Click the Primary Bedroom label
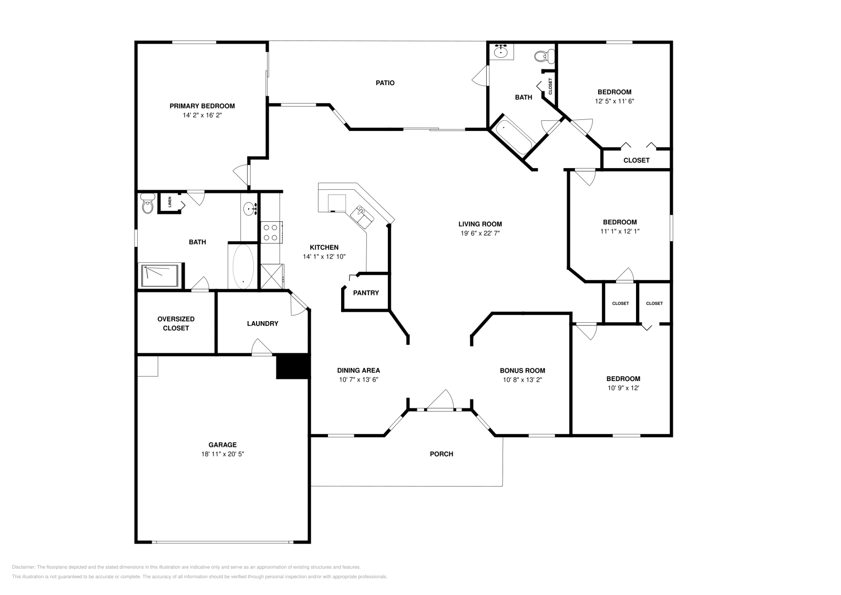[x=202, y=106]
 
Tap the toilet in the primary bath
[x=148, y=204]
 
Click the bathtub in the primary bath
[x=243, y=266]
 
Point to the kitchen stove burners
[x=270, y=233]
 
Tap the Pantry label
[x=366, y=293]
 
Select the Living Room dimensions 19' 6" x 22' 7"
[x=480, y=233]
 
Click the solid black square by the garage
[x=292, y=366]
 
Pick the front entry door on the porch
[x=439, y=401]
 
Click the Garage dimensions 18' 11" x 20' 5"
[x=222, y=454]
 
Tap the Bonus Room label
[x=522, y=371]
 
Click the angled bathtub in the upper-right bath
[x=512, y=136]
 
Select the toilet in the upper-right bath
[x=543, y=55]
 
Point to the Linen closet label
[x=169, y=202]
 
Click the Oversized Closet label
[x=176, y=323]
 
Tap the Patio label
[x=385, y=83]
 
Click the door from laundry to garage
[x=262, y=348]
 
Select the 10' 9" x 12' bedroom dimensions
[x=623, y=388]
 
